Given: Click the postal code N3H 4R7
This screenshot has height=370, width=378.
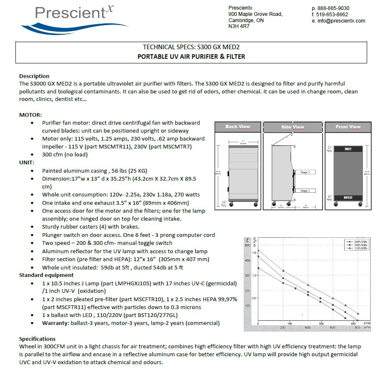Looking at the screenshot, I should tap(239, 26).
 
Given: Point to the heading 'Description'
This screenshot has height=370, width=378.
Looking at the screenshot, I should tap(34, 76).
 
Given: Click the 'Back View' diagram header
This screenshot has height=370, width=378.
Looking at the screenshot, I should tap(237, 127).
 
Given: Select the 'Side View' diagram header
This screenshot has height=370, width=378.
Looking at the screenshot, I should tap(292, 127).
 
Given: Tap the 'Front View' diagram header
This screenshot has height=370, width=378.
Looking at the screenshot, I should tap(348, 127).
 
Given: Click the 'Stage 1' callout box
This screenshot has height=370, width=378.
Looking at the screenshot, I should tap(305, 172).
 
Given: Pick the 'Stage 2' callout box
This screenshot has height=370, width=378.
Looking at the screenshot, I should tap(305, 191).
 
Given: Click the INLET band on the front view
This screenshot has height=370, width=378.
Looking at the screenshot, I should tap(348, 149).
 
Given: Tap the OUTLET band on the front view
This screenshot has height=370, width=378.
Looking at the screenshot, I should tap(348, 198).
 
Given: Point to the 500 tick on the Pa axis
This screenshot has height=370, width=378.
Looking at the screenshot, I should tap(247, 245).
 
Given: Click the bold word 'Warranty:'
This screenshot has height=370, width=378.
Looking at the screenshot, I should tap(56, 323).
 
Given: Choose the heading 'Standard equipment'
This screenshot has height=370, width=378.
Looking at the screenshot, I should tap(46, 275).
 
